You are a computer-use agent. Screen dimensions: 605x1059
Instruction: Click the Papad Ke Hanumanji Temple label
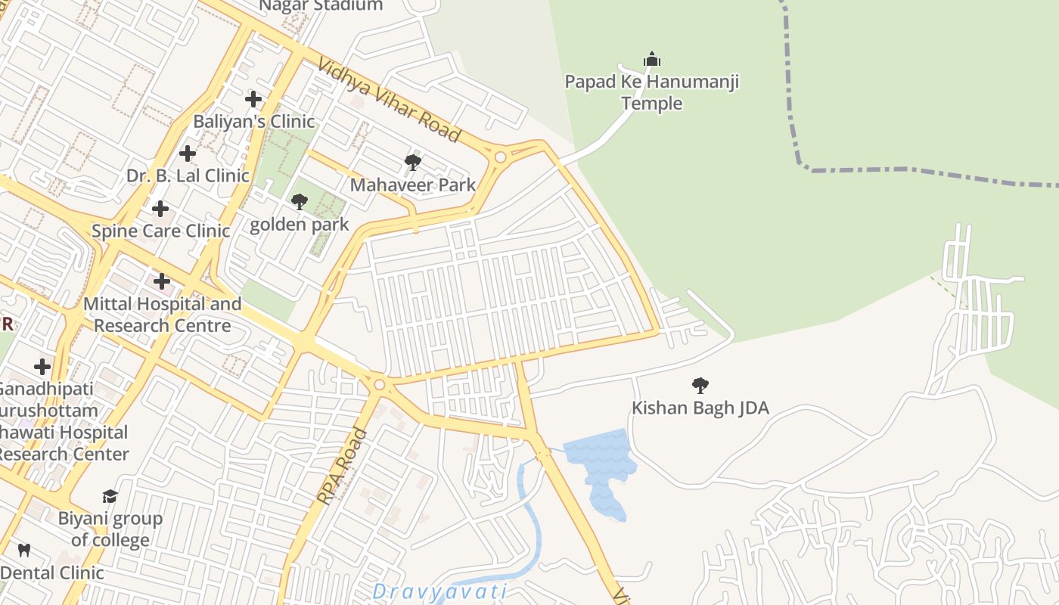click(x=651, y=92)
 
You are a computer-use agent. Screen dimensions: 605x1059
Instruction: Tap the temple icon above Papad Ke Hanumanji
click(x=651, y=59)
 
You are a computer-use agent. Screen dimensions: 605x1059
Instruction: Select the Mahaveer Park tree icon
click(x=412, y=162)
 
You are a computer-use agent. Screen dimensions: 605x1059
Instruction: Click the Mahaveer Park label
click(x=413, y=185)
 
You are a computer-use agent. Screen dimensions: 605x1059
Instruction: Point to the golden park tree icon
click(x=300, y=202)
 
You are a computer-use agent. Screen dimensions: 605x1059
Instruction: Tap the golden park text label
click(x=300, y=225)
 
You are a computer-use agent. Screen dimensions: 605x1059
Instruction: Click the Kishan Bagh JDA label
click(x=700, y=408)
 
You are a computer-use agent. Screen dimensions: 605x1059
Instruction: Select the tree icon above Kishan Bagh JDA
click(x=700, y=386)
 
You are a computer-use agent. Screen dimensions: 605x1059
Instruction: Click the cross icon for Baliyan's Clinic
click(x=253, y=99)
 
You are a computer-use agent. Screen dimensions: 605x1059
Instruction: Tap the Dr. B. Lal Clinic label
click(x=188, y=175)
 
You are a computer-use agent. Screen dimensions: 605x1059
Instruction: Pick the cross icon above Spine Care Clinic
click(x=160, y=209)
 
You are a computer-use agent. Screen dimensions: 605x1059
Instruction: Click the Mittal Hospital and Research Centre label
click(x=163, y=315)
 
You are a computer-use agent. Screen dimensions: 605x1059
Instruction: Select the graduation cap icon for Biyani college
click(x=110, y=496)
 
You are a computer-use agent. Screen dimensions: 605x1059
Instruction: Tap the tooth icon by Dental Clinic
click(x=23, y=550)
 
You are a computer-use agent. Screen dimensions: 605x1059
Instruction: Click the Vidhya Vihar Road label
click(x=389, y=101)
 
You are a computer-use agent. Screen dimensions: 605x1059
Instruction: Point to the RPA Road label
click(x=342, y=467)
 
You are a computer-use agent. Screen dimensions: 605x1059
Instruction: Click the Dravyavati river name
click(x=439, y=591)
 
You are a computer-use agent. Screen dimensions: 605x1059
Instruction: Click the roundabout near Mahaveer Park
click(x=500, y=157)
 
